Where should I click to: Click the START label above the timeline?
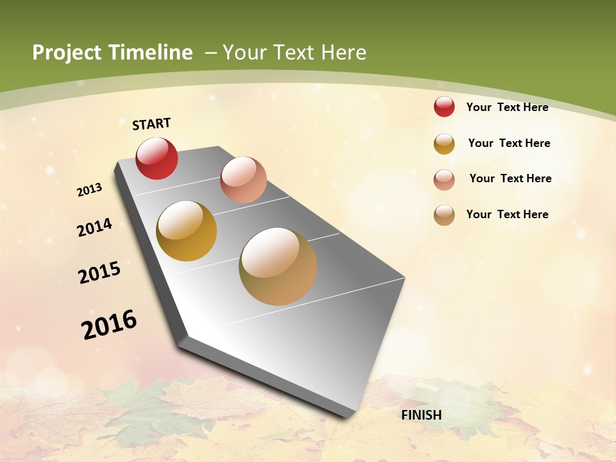coord(151,124)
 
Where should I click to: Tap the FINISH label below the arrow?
coord(422,415)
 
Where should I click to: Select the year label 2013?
coord(90,189)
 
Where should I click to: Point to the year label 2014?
coord(95,227)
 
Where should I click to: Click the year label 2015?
coord(99,273)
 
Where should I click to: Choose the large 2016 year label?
coord(109,325)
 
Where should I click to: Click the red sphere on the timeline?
coord(157,158)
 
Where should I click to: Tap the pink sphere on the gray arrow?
coord(243,180)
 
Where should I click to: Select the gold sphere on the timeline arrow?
coord(187,231)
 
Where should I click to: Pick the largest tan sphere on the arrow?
coord(278,266)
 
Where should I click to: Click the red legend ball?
coord(444,107)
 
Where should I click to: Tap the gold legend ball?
coord(444,144)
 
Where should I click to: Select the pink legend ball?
coord(444,180)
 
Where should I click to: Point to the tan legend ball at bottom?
coord(444,215)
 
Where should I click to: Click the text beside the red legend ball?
coord(507,107)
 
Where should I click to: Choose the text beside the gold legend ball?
coord(509,143)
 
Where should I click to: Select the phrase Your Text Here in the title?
coord(295,53)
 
